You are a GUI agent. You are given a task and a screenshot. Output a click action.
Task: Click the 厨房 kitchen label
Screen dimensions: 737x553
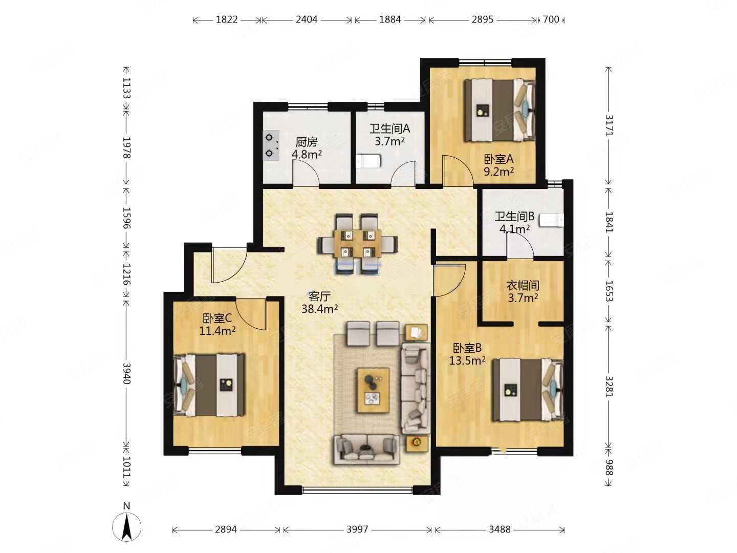pyautogui.click(x=306, y=142)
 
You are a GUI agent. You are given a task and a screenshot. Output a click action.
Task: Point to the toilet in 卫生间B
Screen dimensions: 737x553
pyautogui.click(x=551, y=220)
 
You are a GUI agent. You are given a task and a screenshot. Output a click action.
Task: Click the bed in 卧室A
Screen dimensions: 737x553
pyautogui.click(x=500, y=110)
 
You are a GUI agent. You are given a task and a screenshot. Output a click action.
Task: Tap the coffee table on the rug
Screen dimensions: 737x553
pyautogui.click(x=374, y=390)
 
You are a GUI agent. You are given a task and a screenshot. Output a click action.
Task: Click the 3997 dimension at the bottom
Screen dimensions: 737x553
pyautogui.click(x=357, y=529)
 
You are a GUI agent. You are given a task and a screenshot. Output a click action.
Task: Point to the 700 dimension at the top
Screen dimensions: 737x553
pyautogui.click(x=551, y=19)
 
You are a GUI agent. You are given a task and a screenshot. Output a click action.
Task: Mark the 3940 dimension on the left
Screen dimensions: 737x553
pyautogui.click(x=126, y=373)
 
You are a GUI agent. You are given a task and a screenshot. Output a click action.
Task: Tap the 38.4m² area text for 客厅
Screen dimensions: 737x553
pyautogui.click(x=319, y=309)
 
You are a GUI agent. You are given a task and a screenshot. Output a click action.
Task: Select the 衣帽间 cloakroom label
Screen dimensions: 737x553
pyautogui.click(x=523, y=285)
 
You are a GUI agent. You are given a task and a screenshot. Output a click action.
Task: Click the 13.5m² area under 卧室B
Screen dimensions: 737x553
pyautogui.click(x=467, y=360)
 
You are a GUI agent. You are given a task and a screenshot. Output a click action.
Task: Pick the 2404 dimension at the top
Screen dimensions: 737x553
pyautogui.click(x=306, y=19)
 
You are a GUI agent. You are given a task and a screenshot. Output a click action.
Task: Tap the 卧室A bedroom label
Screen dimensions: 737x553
pyautogui.click(x=498, y=159)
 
